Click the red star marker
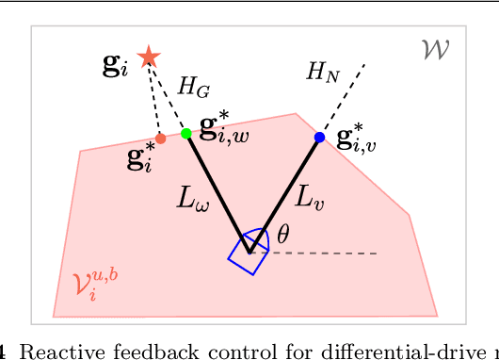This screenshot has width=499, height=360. click(148, 57)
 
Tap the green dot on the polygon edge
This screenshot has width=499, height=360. click(186, 134)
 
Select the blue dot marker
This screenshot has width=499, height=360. click(319, 138)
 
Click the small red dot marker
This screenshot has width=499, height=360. click(160, 139)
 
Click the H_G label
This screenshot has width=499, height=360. click(193, 88)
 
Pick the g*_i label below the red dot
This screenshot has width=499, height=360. click(139, 158)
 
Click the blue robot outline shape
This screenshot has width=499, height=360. click(249, 254)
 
